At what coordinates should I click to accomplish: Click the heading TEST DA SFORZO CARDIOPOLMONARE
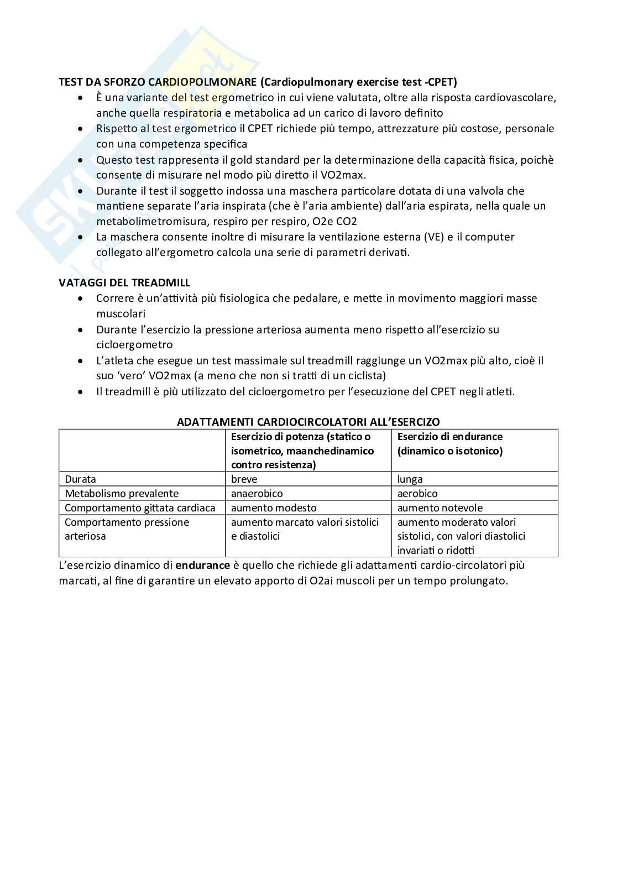click(158, 82)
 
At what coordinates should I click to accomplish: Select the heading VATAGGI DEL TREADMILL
click(124, 283)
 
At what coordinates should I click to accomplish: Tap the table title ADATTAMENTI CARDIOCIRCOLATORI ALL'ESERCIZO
click(308, 422)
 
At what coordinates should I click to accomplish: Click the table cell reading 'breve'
click(244, 479)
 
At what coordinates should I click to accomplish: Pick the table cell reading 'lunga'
click(410, 479)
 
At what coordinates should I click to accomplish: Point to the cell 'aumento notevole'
click(440, 508)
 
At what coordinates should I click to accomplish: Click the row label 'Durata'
click(80, 479)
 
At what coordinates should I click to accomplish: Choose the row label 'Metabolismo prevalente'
click(122, 494)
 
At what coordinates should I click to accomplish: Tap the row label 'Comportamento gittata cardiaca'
click(140, 508)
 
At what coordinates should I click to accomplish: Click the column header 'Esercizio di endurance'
click(449, 437)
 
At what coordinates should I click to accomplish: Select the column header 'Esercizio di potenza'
click(301, 437)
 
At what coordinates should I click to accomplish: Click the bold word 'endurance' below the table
click(202, 566)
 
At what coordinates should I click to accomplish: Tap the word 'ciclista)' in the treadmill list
click(364, 376)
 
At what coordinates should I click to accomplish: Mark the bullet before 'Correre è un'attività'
click(81, 299)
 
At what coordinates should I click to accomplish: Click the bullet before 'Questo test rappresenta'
click(81, 160)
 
